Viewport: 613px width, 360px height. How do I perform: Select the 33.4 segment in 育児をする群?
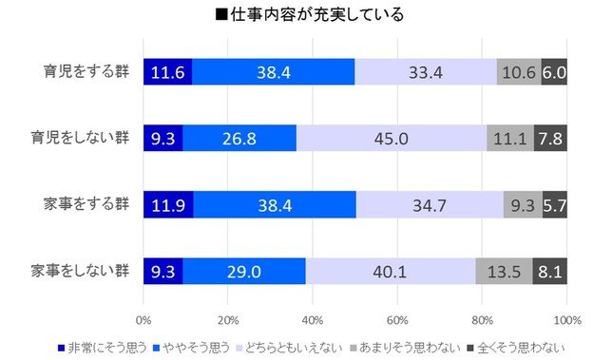(426, 72)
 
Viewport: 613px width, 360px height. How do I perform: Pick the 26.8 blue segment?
(239, 139)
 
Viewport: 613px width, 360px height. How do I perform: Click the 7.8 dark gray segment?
(550, 139)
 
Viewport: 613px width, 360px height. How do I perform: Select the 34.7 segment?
(430, 205)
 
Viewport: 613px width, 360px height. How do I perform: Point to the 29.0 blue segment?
(244, 272)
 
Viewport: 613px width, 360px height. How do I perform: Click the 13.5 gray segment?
(504, 272)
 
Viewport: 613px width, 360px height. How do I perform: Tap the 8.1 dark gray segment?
(549, 272)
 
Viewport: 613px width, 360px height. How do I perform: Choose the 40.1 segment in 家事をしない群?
(391, 272)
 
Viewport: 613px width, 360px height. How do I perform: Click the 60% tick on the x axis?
(397, 316)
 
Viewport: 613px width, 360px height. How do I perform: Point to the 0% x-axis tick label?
(144, 316)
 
